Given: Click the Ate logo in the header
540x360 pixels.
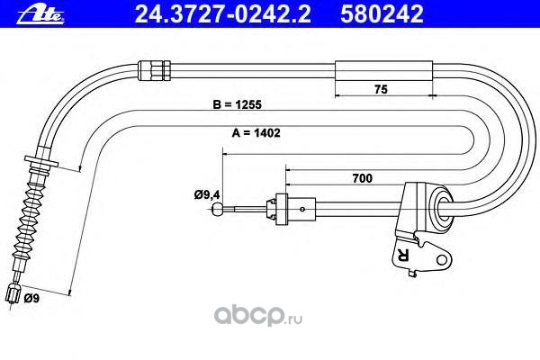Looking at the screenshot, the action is pyautogui.click(x=23, y=13).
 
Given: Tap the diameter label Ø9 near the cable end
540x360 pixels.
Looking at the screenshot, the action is pyautogui.click(x=31, y=297).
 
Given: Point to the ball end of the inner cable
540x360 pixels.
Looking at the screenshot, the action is pyautogui.click(x=219, y=210).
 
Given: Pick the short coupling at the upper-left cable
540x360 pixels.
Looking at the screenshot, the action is pyautogui.click(x=154, y=66).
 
